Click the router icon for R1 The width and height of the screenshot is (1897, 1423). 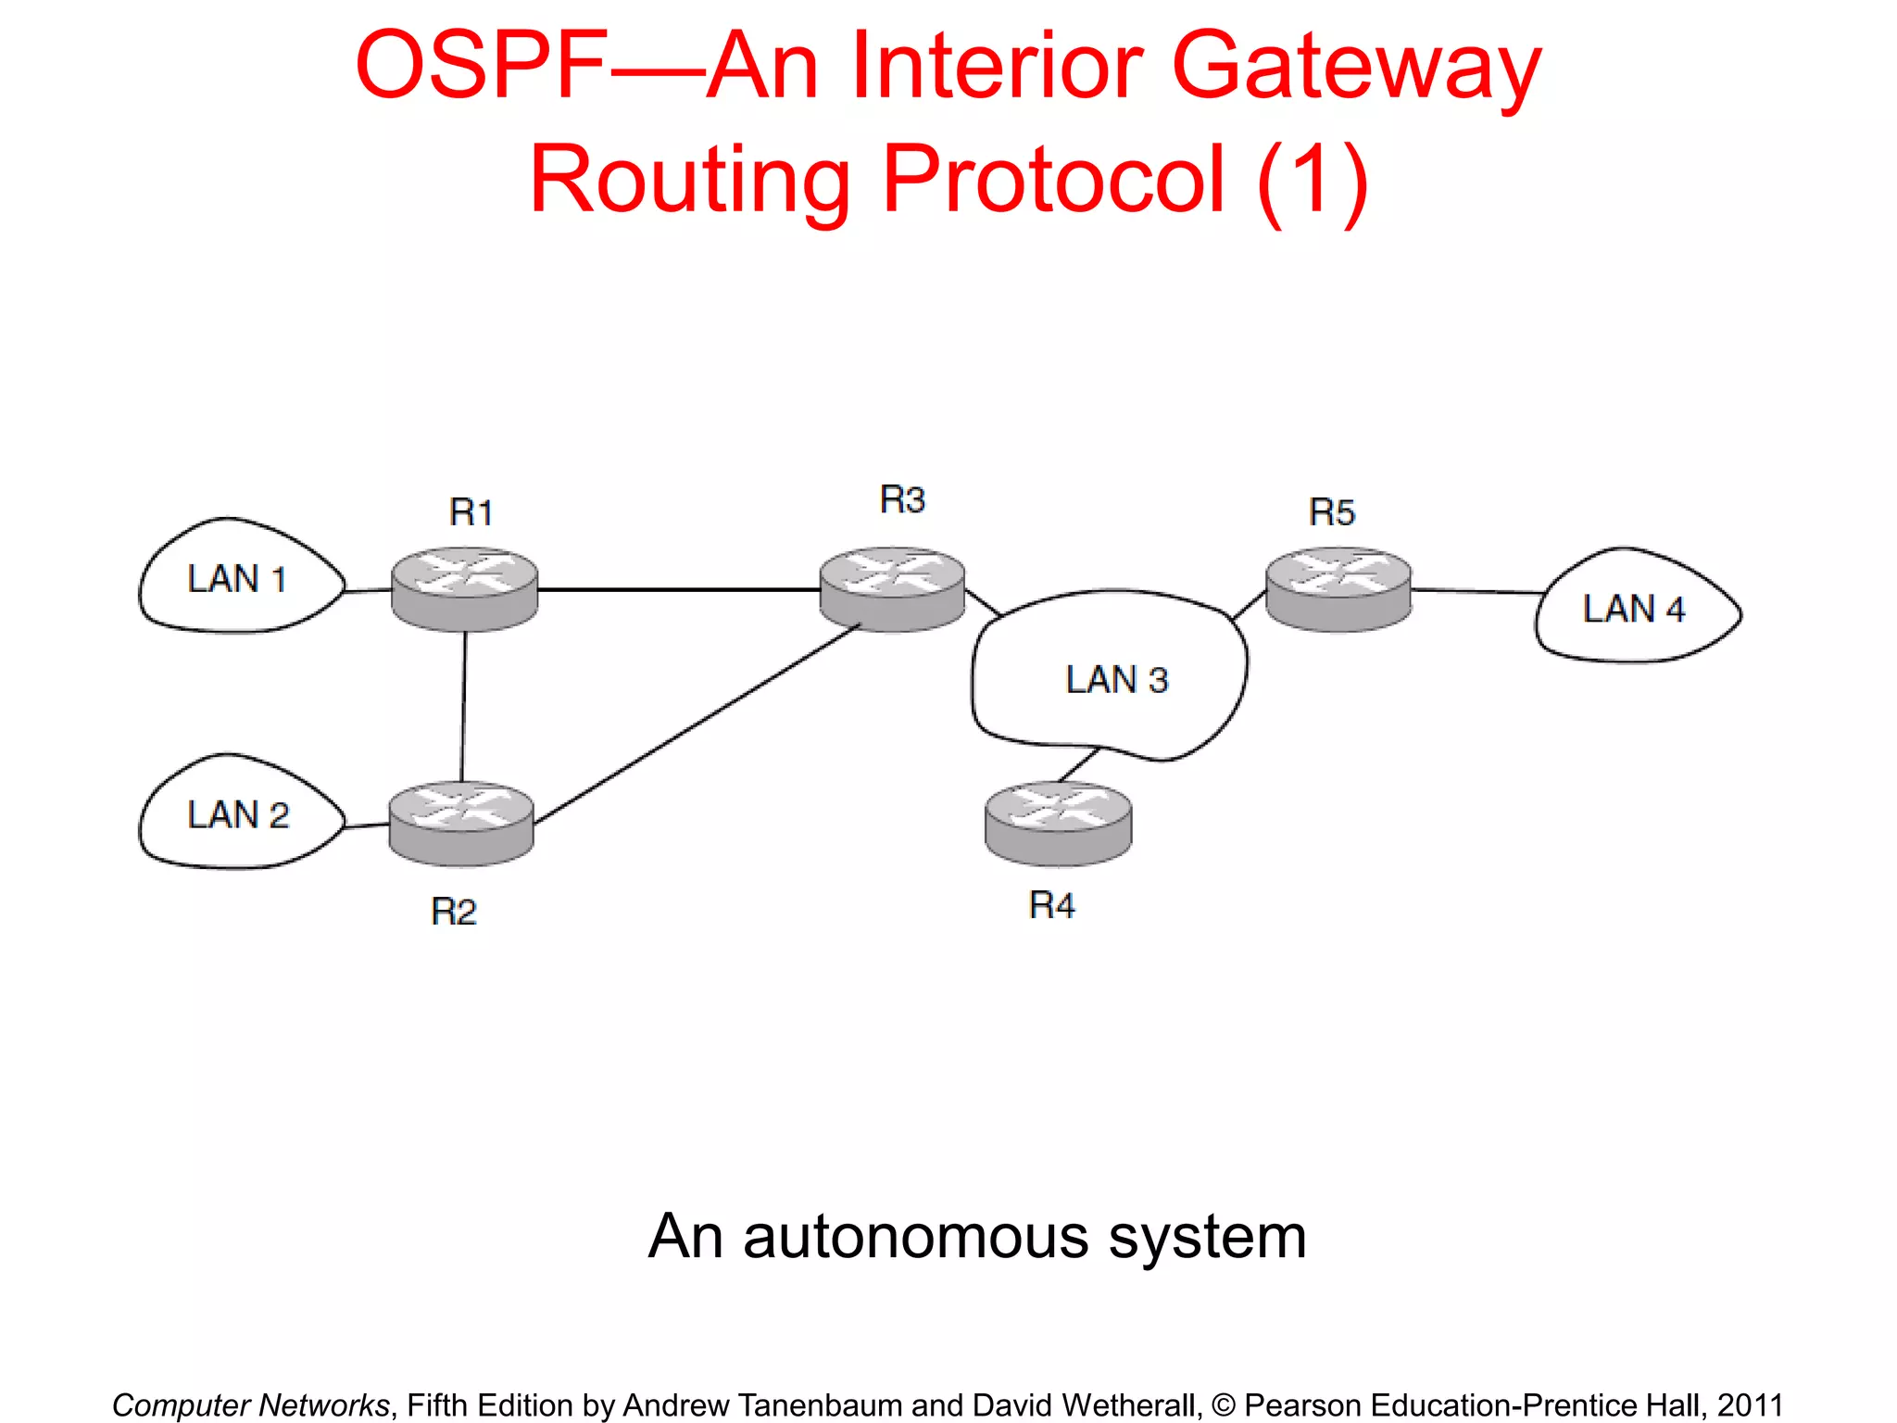point(464,589)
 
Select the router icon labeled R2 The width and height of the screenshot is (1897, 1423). point(461,824)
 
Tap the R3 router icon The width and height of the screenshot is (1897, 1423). point(893,589)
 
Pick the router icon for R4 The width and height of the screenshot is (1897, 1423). point(1058,824)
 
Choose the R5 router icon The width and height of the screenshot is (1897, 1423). point(1338,589)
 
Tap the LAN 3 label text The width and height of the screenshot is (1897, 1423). point(1117,680)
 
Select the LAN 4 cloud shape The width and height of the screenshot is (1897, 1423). point(1635,609)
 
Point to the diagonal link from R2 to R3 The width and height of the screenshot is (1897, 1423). point(695,725)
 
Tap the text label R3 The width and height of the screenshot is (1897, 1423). point(902,500)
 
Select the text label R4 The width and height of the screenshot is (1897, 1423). point(1051,905)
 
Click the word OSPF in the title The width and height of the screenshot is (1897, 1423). point(482,67)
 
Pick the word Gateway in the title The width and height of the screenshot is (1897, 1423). point(1356,67)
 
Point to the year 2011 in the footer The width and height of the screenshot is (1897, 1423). point(1750,1405)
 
